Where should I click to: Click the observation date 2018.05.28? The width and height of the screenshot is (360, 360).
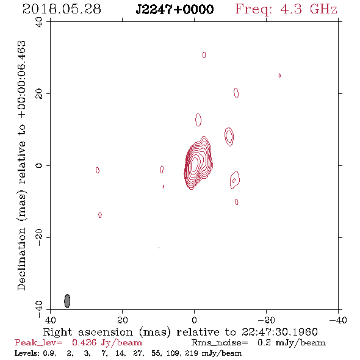click(x=62, y=9)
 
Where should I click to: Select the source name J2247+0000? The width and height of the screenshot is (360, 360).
click(x=175, y=9)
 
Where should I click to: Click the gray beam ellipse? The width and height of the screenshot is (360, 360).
click(x=67, y=301)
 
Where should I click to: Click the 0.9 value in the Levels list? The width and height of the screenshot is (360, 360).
click(x=49, y=353)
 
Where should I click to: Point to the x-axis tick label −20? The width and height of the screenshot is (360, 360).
click(x=266, y=320)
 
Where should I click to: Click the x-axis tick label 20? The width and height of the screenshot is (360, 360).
click(x=122, y=320)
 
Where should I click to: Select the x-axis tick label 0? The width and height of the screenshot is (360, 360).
click(x=194, y=320)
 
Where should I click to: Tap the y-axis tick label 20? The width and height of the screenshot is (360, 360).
click(x=39, y=93)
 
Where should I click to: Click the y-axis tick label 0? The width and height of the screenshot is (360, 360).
click(x=39, y=165)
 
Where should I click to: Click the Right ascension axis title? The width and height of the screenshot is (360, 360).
click(x=181, y=332)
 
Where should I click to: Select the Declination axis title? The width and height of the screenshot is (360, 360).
click(x=22, y=165)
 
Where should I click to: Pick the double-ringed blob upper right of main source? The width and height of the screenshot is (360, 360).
click(x=229, y=137)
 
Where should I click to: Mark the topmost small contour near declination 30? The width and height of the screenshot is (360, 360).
click(x=204, y=55)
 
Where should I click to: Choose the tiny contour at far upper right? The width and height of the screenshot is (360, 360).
click(x=279, y=75)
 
